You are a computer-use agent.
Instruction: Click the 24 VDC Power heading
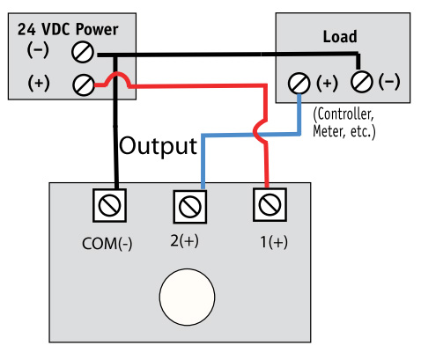point(67,28)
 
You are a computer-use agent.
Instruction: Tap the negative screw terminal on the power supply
point(83,52)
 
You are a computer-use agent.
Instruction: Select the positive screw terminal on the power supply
point(83,84)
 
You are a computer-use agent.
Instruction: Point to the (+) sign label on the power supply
point(39,84)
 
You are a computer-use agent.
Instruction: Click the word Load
point(339,37)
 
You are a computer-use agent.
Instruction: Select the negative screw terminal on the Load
point(361,83)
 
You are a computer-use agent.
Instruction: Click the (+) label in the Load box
point(327,83)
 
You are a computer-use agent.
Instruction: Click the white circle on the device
point(187,298)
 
